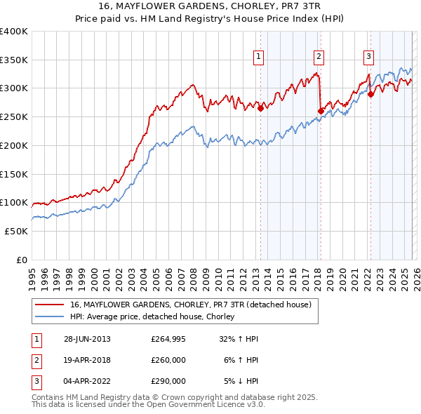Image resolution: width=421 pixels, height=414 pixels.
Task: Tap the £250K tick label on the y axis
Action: (14, 117)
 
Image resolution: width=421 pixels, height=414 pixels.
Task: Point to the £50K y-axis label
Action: (16, 231)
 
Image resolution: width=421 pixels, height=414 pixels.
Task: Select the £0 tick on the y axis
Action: (22, 260)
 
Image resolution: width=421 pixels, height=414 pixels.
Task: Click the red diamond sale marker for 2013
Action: (260, 109)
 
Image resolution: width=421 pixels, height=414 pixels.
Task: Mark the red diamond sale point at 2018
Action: (321, 111)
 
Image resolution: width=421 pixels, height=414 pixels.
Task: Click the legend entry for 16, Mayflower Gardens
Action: (191, 305)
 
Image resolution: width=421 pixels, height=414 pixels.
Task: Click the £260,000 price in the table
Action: (168, 360)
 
